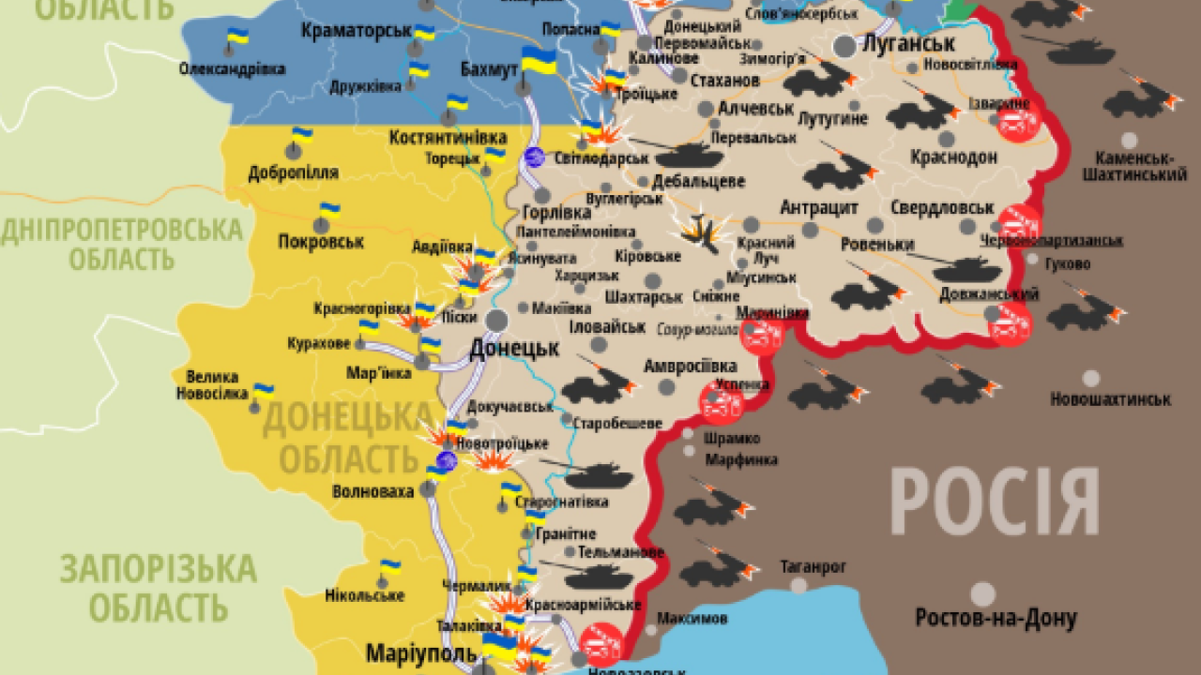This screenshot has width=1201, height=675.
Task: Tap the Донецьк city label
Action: [513, 349]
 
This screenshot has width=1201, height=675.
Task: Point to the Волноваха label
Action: [372, 491]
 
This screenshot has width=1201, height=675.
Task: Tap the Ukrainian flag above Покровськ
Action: [328, 210]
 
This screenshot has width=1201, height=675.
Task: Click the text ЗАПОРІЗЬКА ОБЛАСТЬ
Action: [158, 588]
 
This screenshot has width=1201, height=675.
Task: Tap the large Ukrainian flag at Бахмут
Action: [539, 60]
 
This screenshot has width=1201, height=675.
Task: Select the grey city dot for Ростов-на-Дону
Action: [982, 593]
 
